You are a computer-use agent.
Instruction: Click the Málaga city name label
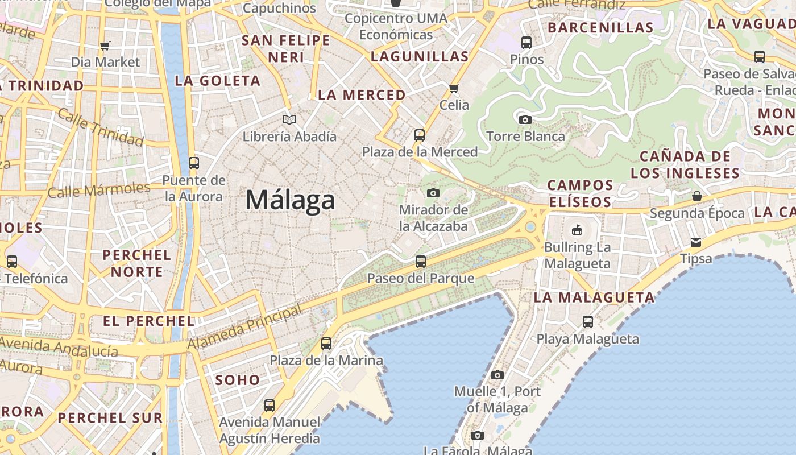tap(290, 200)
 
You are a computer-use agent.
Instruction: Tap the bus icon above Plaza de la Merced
tap(420, 135)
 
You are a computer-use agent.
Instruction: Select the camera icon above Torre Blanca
tap(525, 119)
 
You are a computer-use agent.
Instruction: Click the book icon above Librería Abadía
tap(289, 119)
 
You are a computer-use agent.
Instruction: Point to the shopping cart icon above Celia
tap(454, 88)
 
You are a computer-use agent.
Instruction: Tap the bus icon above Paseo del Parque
tap(420, 262)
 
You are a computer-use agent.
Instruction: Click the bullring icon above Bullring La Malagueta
tap(577, 230)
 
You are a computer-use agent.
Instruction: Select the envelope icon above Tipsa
tap(696, 242)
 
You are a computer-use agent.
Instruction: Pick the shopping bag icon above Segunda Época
tap(697, 197)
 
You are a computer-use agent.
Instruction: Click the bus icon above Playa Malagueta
tap(588, 322)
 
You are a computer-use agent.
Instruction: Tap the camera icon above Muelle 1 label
tap(498, 375)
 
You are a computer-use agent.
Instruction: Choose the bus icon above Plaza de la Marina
tap(326, 344)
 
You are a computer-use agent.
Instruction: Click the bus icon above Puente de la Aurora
tap(194, 163)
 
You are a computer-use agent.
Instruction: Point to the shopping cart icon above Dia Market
tap(105, 45)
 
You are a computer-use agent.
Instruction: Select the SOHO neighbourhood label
tap(238, 380)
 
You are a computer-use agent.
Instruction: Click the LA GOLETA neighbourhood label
tap(217, 81)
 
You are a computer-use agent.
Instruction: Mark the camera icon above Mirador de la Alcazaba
tap(433, 193)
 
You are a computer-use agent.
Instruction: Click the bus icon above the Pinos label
tap(526, 42)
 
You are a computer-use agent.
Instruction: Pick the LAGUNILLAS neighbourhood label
tap(420, 56)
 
